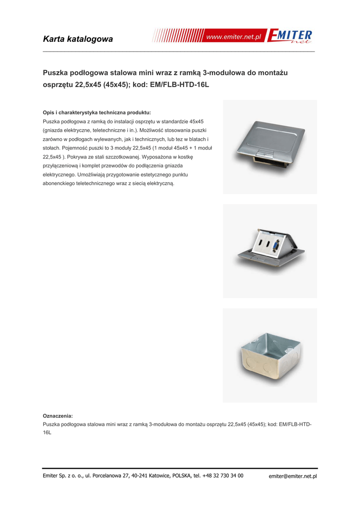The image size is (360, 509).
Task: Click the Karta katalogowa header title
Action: pyautogui.click(x=78, y=39)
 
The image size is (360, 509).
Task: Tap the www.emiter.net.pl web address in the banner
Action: pyautogui.click(x=234, y=38)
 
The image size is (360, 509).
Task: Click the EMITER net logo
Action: pyautogui.click(x=290, y=37)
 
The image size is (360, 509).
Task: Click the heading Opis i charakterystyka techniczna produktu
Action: pyautogui.click(x=97, y=112)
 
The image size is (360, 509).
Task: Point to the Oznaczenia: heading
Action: pyautogui.click(x=58, y=415)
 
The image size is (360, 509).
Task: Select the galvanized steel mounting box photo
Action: pyautogui.click(x=269, y=355)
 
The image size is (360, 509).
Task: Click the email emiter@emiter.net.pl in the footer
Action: pyautogui.click(x=293, y=476)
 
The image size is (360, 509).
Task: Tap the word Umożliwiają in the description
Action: pyautogui.click(x=92, y=175)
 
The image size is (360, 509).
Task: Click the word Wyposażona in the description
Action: pyautogui.click(x=157, y=157)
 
